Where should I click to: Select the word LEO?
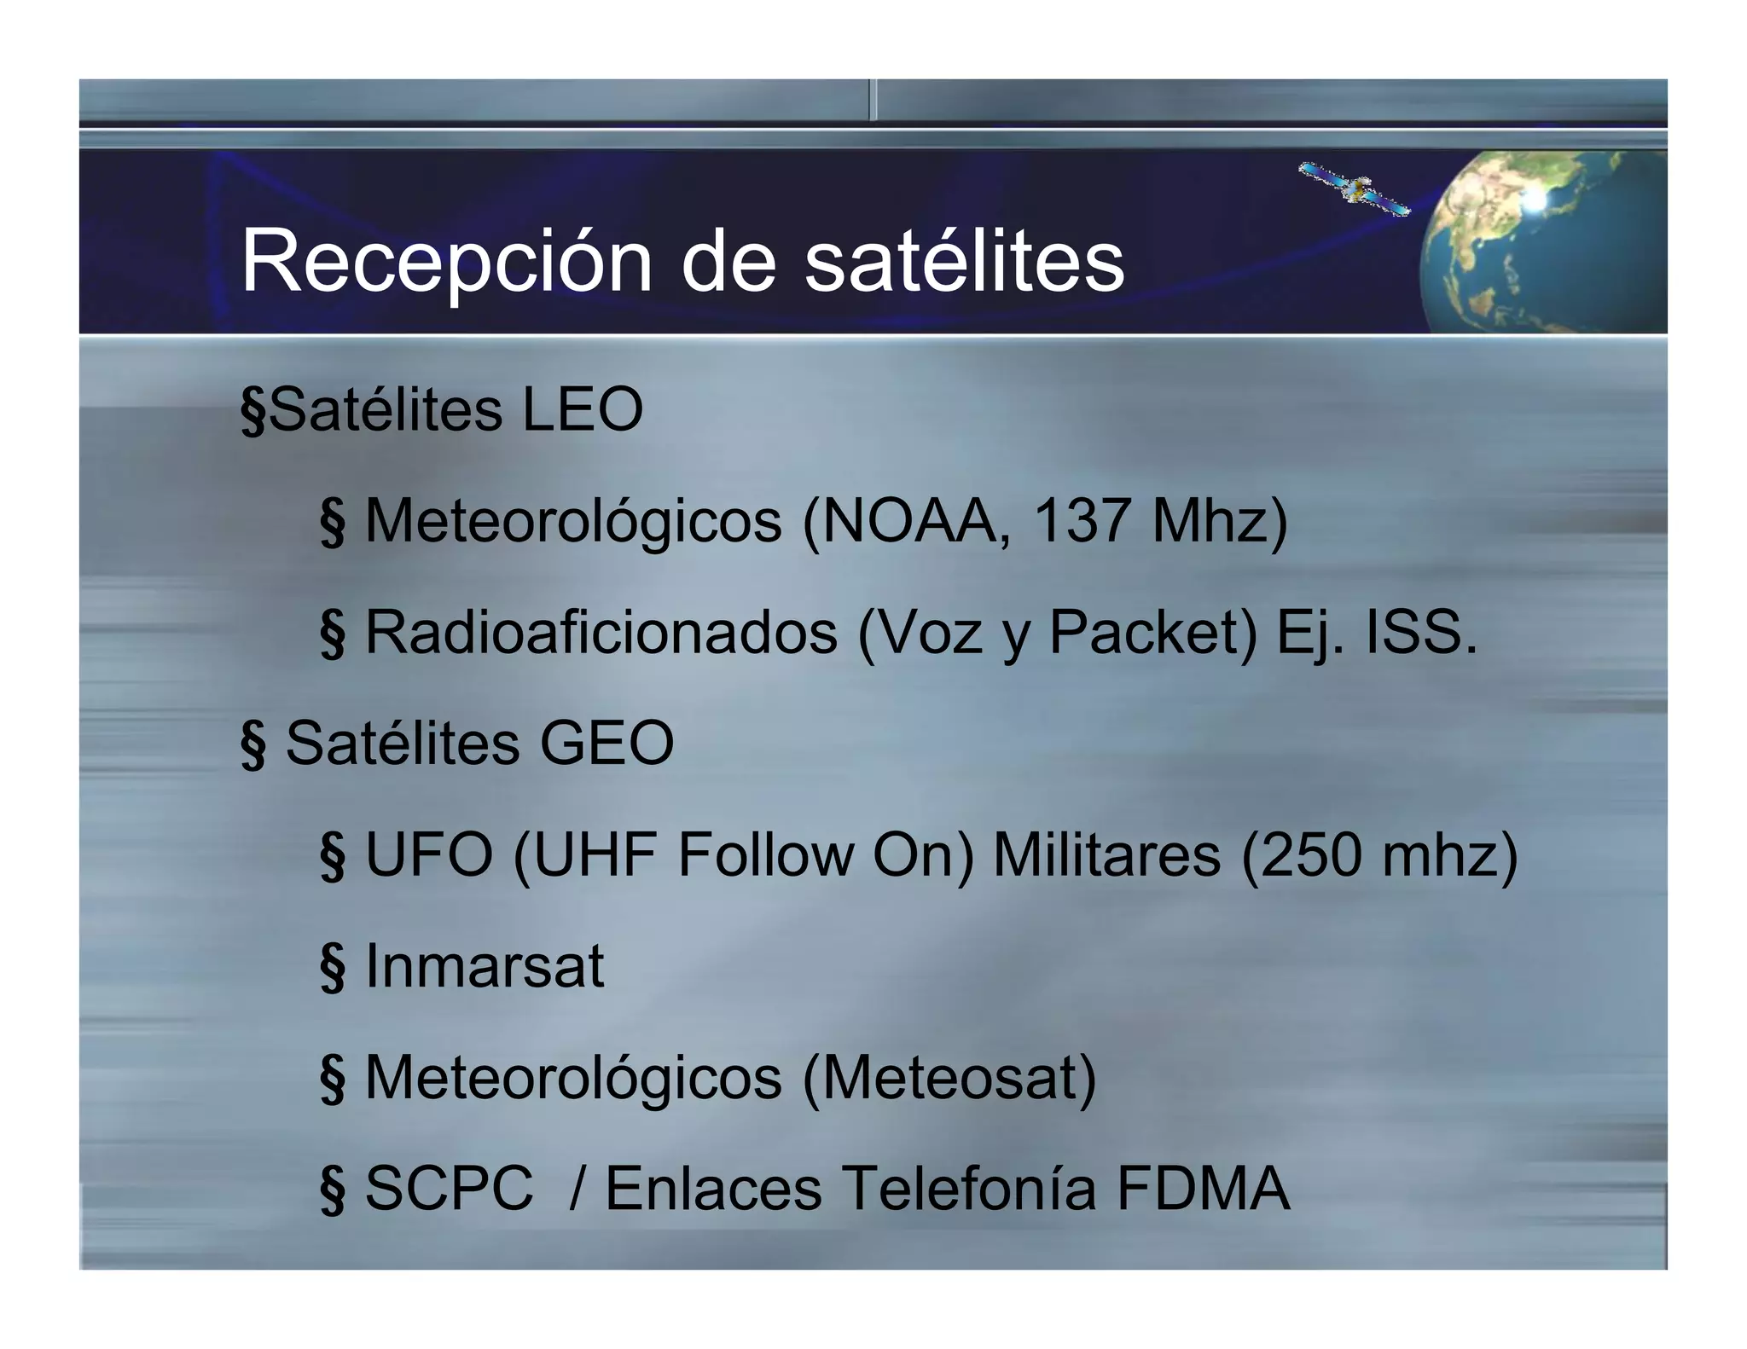582,410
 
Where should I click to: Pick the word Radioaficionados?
601,633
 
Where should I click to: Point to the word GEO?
607,744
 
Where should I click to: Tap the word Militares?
1106,854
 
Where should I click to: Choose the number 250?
1311,854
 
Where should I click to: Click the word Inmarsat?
485,966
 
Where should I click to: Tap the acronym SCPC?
449,1189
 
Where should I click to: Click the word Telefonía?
969,1189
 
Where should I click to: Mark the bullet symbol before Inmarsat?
333,968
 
